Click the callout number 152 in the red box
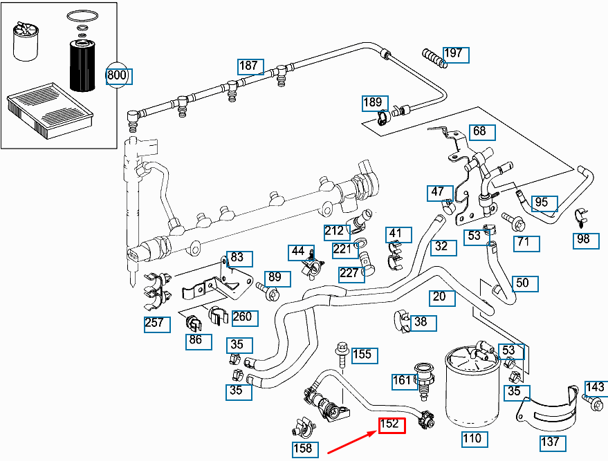click(391, 424)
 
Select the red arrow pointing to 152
click(349, 442)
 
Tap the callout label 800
click(118, 75)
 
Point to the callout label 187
click(250, 66)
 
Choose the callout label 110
click(472, 438)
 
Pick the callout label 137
click(552, 442)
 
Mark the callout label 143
click(595, 387)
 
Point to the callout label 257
click(156, 323)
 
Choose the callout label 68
click(479, 131)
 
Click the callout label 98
click(584, 240)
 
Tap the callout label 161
click(403, 380)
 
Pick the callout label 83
click(237, 258)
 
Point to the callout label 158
click(303, 449)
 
